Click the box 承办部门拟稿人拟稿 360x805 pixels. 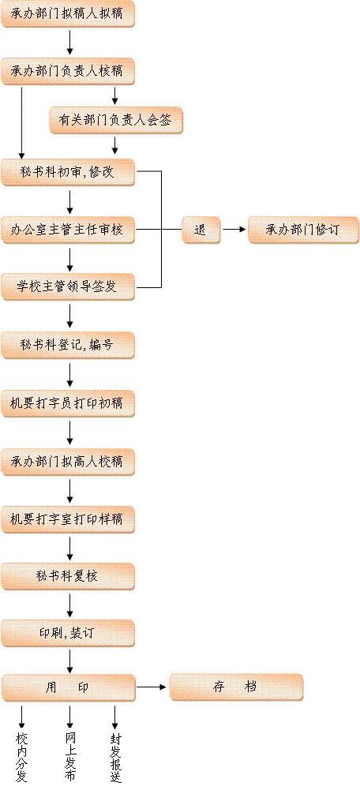(x=68, y=14)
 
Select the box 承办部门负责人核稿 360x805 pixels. (x=68, y=71)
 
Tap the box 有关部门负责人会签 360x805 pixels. (x=116, y=121)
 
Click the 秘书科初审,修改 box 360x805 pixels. (x=68, y=173)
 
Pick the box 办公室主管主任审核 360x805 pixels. (x=68, y=230)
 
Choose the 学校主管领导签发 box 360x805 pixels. (x=68, y=287)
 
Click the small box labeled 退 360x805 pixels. (x=201, y=230)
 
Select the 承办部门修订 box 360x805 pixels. (x=303, y=230)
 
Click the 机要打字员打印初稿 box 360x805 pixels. (x=68, y=404)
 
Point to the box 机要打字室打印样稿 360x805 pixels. (x=68, y=520)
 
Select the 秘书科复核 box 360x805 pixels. (x=68, y=577)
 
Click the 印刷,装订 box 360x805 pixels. (x=68, y=634)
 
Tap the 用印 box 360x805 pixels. (x=69, y=688)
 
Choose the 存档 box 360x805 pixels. (x=236, y=687)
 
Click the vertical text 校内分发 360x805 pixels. (x=21, y=757)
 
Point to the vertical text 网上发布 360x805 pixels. (x=70, y=757)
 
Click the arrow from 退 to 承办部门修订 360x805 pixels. (x=234, y=230)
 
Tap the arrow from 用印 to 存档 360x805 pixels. (x=152, y=687)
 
